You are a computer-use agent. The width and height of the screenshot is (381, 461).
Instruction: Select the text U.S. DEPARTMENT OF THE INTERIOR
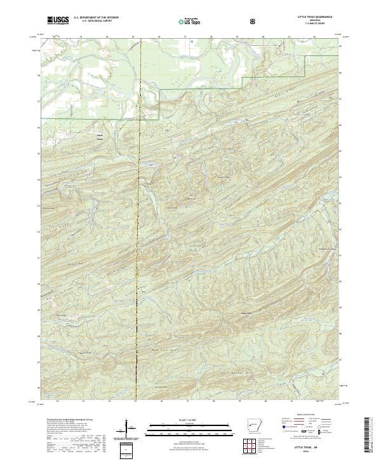click(x=96, y=18)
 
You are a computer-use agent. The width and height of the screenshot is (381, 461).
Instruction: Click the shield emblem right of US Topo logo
click(x=253, y=21)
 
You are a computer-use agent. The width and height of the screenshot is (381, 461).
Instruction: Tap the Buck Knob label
click(x=189, y=198)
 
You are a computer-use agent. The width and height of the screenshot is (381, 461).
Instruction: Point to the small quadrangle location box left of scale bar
click(x=126, y=448)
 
